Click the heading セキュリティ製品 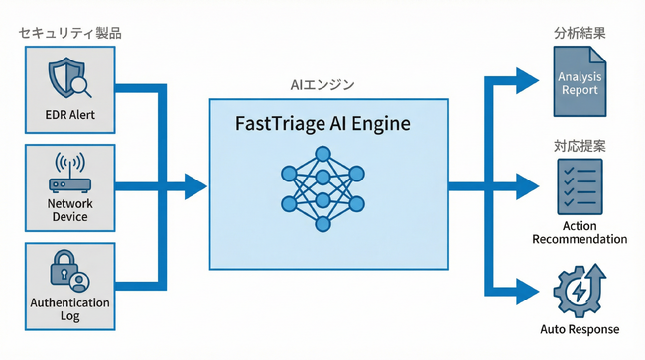(x=66, y=34)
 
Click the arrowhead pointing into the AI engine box (x=195, y=184)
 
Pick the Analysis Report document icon (x=580, y=84)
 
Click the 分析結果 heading (x=580, y=33)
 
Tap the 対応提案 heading (x=580, y=146)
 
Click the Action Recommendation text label (x=580, y=232)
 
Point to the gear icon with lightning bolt (x=580, y=289)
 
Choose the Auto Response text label (x=580, y=329)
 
